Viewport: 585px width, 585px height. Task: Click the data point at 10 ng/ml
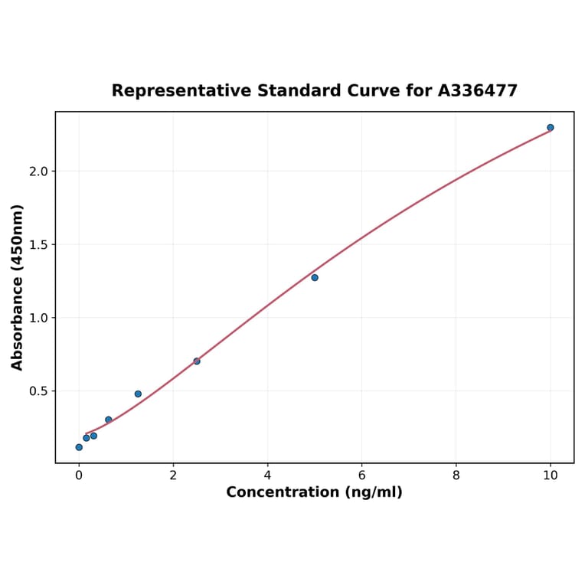pyautogui.click(x=551, y=128)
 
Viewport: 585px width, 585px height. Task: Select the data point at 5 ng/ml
pyautogui.click(x=315, y=277)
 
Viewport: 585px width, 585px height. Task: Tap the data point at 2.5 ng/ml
pyautogui.click(x=197, y=361)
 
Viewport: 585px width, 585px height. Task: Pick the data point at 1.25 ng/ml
pyautogui.click(x=138, y=394)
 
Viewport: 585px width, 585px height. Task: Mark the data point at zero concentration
pyautogui.click(x=79, y=447)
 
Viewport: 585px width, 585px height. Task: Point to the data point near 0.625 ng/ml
pyautogui.click(x=109, y=420)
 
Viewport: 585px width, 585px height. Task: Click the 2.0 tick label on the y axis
pyautogui.click(x=38, y=172)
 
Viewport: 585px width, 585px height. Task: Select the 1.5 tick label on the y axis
pyautogui.click(x=38, y=245)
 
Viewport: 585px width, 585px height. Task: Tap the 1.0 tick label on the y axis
pyautogui.click(x=38, y=318)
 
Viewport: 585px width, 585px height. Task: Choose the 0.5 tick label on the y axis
pyautogui.click(x=38, y=391)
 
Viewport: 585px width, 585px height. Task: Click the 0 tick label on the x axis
pyautogui.click(x=79, y=475)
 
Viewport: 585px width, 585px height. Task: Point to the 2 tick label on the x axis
pyautogui.click(x=173, y=475)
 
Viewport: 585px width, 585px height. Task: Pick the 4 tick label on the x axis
pyautogui.click(x=267, y=475)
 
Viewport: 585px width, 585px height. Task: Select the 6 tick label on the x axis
pyautogui.click(x=361, y=475)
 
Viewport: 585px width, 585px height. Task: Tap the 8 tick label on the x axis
pyautogui.click(x=456, y=475)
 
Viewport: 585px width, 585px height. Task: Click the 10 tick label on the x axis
pyautogui.click(x=551, y=475)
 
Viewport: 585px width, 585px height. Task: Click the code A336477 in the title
pyautogui.click(x=478, y=91)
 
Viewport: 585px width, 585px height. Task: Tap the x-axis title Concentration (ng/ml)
pyautogui.click(x=314, y=492)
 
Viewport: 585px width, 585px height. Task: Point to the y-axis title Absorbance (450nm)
pyautogui.click(x=18, y=287)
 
